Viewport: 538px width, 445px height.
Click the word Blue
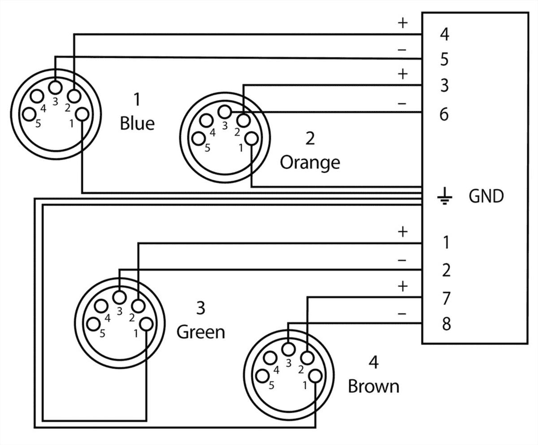pos(137,123)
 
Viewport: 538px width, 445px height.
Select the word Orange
pos(310,163)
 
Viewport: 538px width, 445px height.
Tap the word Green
pos(200,332)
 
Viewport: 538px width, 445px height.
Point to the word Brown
pos(373,386)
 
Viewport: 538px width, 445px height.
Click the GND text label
pos(486,196)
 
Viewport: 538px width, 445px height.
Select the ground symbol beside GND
pos(444,196)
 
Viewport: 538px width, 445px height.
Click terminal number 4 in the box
pos(444,35)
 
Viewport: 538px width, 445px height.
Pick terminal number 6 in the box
pos(444,115)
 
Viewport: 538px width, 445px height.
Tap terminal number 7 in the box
pos(445,298)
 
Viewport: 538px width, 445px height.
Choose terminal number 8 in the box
pos(445,324)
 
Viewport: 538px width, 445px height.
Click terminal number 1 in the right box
pos(446,243)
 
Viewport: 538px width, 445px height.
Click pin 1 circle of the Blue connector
pos(83,114)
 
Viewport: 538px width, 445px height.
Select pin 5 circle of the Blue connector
pos(29,114)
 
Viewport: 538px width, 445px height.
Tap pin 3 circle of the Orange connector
pos(225,111)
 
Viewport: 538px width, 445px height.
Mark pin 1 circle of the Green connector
pos(147,324)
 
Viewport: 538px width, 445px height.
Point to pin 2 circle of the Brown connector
pos(307,358)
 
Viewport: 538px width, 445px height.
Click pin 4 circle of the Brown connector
pos(270,358)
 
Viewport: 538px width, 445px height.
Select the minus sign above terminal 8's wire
pos(402,314)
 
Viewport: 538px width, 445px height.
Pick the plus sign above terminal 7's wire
pos(403,286)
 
